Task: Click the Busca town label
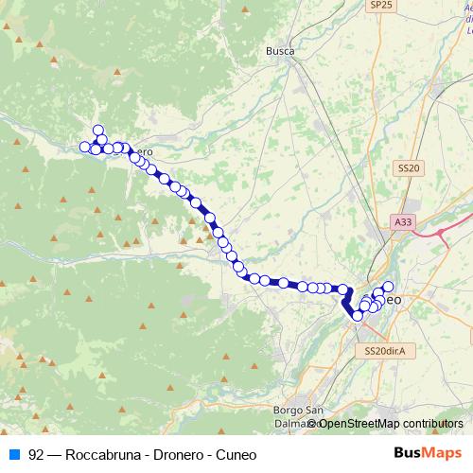(x=280, y=51)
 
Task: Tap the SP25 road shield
(x=381, y=6)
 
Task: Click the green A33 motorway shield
(x=403, y=221)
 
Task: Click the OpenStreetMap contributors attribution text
(x=389, y=424)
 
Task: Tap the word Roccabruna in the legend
(x=98, y=454)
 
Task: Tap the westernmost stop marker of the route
(x=84, y=147)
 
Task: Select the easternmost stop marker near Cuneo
(x=388, y=286)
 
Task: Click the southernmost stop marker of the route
(x=358, y=316)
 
